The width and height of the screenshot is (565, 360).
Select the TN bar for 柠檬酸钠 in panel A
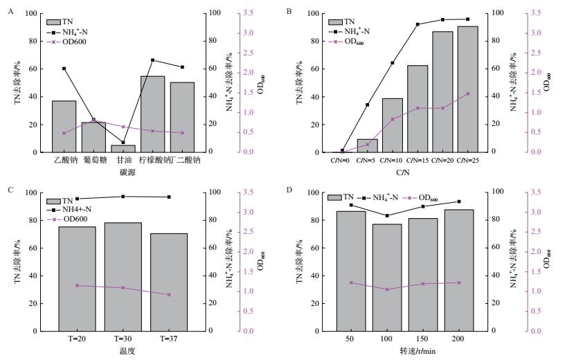(x=152, y=114)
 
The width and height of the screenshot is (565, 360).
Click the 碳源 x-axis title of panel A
(x=123, y=170)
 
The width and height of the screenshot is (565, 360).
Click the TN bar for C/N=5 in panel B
(x=367, y=145)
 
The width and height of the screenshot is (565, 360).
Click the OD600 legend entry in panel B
(x=352, y=42)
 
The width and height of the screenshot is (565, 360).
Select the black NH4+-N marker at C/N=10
(x=393, y=63)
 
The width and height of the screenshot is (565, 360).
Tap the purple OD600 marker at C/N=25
(x=467, y=93)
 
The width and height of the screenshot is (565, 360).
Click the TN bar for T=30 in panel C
(x=123, y=276)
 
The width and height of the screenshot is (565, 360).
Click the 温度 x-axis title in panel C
(x=127, y=350)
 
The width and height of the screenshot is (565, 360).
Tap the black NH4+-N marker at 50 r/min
(x=351, y=205)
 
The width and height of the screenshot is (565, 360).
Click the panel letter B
(x=289, y=12)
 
